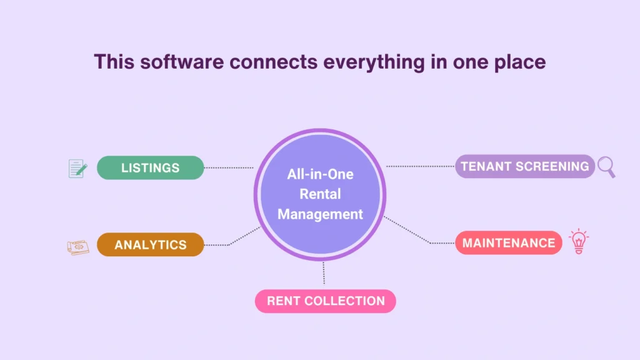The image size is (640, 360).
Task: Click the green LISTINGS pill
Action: [150, 167]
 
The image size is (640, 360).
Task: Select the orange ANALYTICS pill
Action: [150, 244]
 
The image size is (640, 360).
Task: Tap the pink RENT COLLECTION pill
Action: [325, 301]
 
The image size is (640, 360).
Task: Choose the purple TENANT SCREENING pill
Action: [524, 166]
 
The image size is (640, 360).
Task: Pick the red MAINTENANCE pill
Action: [508, 242]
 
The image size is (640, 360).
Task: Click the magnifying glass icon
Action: [606, 167]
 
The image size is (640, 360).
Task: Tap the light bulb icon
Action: [579, 241]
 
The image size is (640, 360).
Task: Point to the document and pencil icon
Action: [77, 168]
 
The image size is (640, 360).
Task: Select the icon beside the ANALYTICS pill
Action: [77, 247]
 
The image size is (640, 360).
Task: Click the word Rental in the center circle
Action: [320, 194]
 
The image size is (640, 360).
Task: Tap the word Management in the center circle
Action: [320, 214]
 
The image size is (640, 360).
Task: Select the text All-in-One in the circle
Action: [320, 174]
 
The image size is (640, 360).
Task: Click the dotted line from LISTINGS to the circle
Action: [229, 167]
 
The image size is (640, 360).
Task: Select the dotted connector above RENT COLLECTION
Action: [324, 274]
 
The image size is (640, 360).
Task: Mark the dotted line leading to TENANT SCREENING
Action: [420, 166]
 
